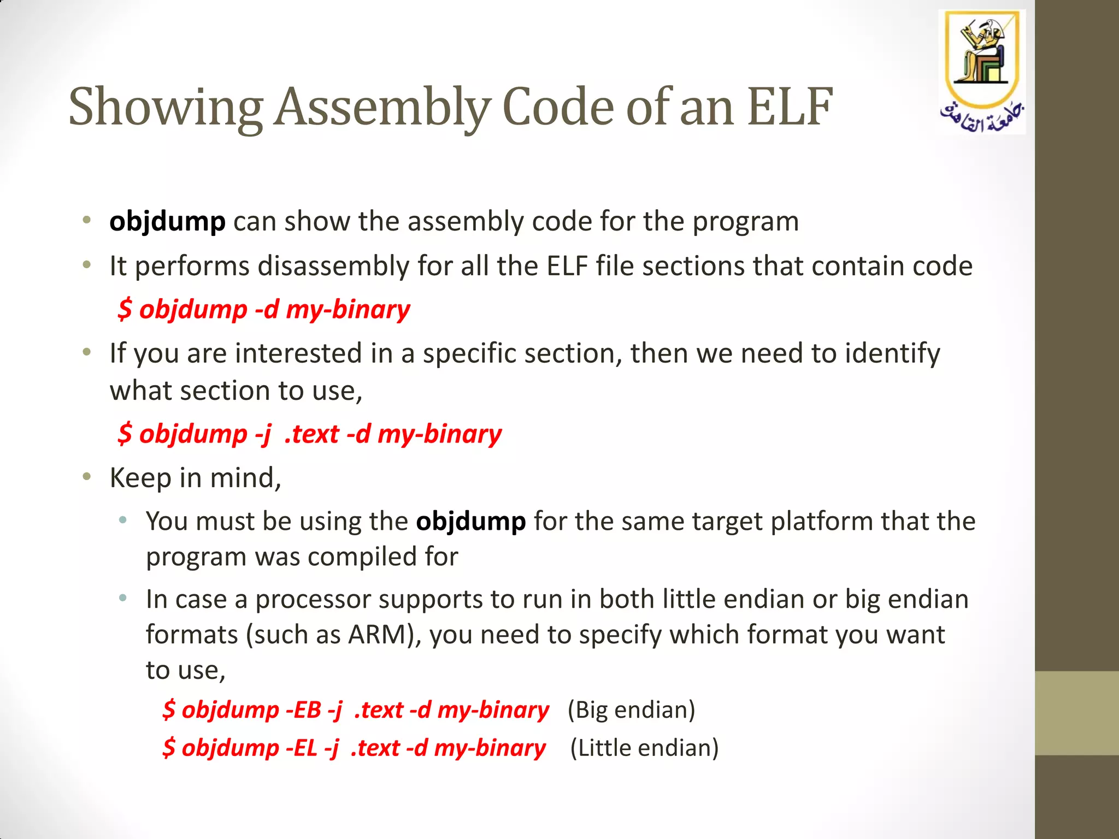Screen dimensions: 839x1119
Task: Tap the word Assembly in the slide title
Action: [x=381, y=108]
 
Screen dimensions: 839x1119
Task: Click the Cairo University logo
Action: [x=982, y=71]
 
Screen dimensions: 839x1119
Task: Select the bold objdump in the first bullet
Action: [x=167, y=222]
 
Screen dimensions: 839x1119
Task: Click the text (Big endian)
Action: [x=631, y=710]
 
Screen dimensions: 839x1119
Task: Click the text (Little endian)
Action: [x=644, y=748]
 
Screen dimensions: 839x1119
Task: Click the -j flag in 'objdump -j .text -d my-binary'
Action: [x=263, y=435]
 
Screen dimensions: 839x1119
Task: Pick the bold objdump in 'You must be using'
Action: [x=470, y=521]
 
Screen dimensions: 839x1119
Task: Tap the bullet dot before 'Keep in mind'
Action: [x=86, y=477]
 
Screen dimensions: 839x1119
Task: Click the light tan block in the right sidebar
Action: [x=1076, y=713]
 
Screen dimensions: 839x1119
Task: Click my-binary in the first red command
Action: [x=348, y=310]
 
